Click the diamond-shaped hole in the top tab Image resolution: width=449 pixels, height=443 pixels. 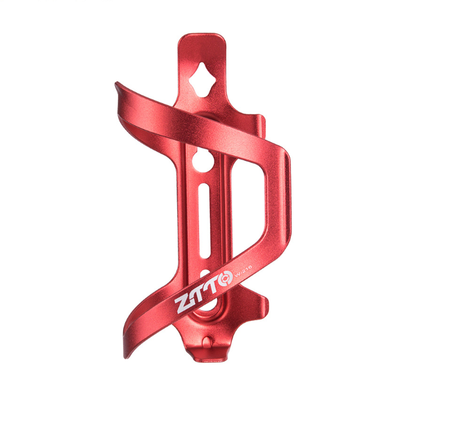coord(202,78)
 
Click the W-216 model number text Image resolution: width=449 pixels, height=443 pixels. coord(243,272)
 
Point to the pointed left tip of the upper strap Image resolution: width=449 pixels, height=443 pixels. coord(118,85)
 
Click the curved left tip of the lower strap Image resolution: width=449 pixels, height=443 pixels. coord(127,351)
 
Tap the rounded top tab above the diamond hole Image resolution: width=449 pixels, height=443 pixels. coord(202,44)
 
